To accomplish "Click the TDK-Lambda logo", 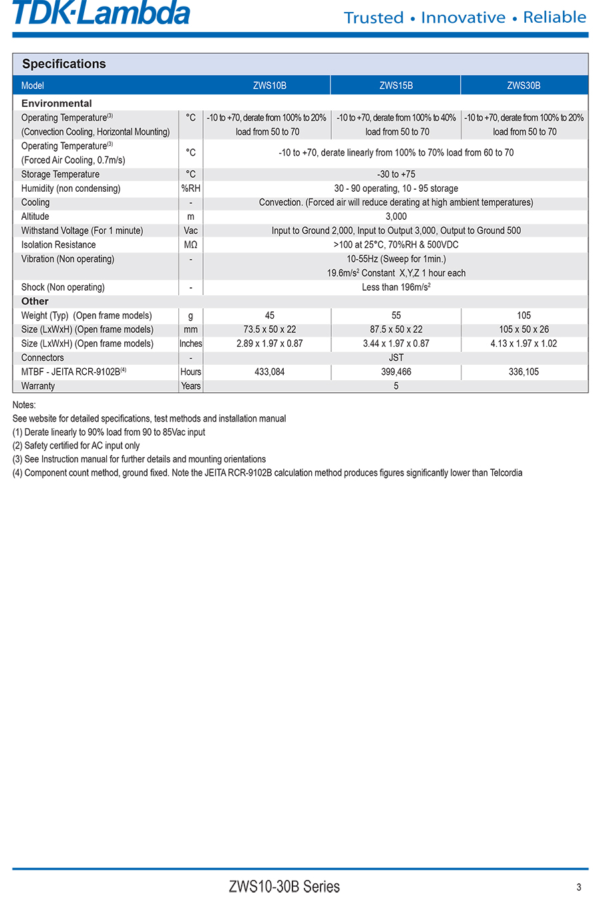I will click(x=102, y=13).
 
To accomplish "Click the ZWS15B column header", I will click(x=396, y=86).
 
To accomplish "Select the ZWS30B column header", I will click(x=524, y=86).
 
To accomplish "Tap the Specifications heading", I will click(x=64, y=64).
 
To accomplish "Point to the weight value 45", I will click(x=270, y=315).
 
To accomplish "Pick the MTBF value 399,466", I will click(x=396, y=372).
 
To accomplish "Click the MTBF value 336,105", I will click(x=524, y=372).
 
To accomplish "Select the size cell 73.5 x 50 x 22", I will click(x=270, y=329).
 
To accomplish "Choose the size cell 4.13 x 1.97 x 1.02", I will click(x=524, y=343).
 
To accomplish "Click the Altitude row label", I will click(x=35, y=216).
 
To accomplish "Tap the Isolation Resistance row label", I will click(x=59, y=245).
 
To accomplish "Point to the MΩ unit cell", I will click(x=190, y=245).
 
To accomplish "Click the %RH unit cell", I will click(x=190, y=188).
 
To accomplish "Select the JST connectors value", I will click(x=396, y=357).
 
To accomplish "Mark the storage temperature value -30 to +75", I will click(x=396, y=174).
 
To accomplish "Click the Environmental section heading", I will click(x=57, y=104).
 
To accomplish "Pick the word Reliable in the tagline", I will click(x=554, y=17).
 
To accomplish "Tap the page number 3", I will click(x=579, y=887).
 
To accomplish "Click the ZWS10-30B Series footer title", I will click(x=284, y=887).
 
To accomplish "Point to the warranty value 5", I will click(x=396, y=386).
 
